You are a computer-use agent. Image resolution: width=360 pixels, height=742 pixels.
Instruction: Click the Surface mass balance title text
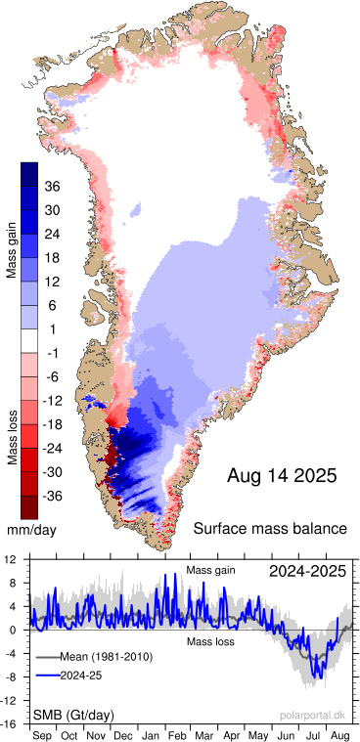(270, 529)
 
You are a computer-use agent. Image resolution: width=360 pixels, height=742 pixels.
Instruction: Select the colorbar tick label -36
(54, 496)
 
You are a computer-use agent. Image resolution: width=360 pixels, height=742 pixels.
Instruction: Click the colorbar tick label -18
(54, 424)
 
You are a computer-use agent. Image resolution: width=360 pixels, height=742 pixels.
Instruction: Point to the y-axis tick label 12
(9, 560)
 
